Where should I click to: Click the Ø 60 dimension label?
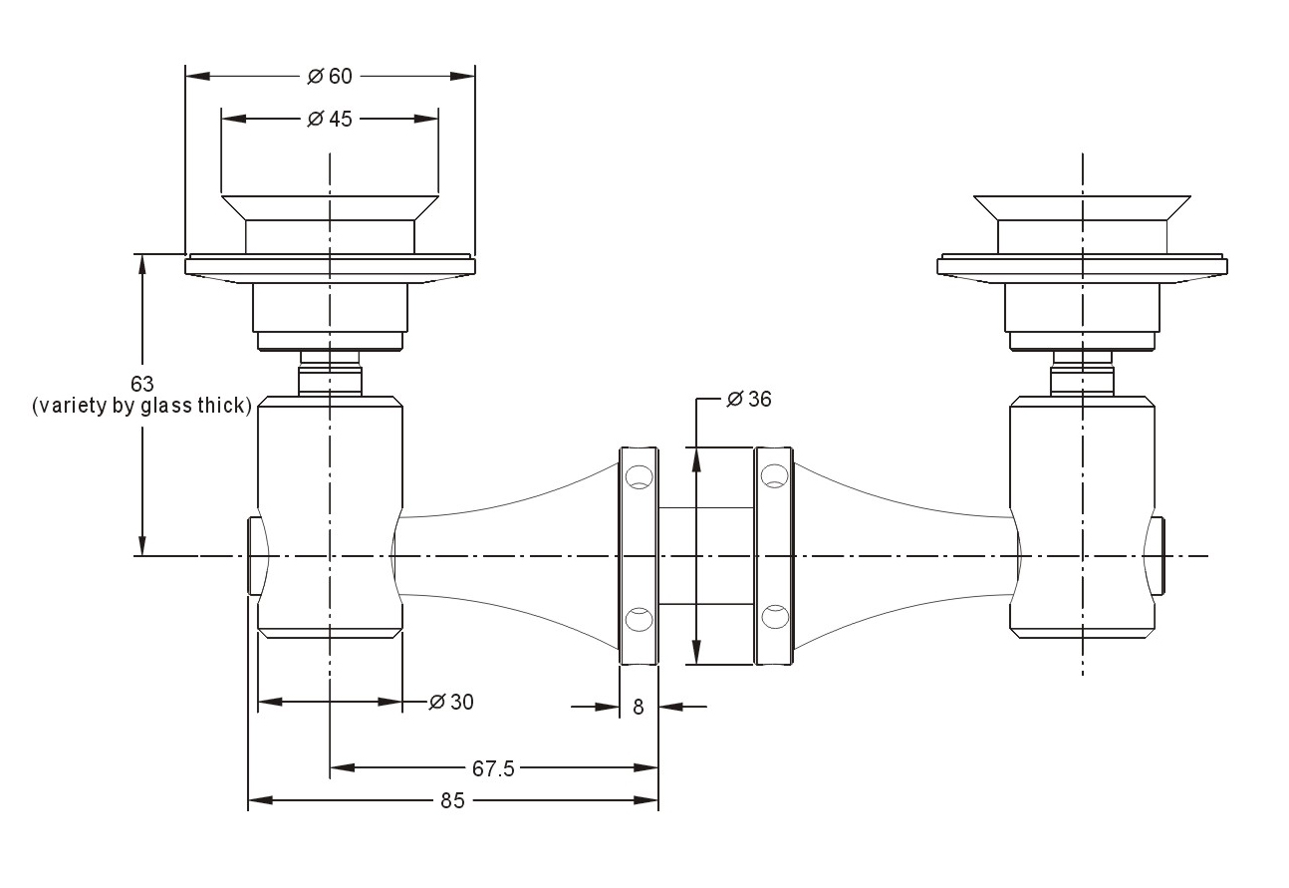[329, 76]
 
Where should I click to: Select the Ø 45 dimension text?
[329, 119]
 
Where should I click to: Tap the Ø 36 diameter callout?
[749, 399]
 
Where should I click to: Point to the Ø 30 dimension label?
[451, 702]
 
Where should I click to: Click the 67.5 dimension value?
[493, 768]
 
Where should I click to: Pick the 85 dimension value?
[452, 800]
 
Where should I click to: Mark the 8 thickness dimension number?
[639, 708]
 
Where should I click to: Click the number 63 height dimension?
[142, 384]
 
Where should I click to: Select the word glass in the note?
[166, 406]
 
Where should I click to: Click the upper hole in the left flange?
[639, 477]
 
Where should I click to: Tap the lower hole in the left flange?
[639, 619]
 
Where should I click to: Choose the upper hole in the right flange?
[775, 475]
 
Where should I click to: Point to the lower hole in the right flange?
[775, 617]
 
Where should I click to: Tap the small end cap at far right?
[1155, 556]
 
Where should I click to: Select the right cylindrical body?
[1082, 517]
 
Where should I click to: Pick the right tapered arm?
[903, 556]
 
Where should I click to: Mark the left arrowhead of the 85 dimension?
[260, 800]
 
